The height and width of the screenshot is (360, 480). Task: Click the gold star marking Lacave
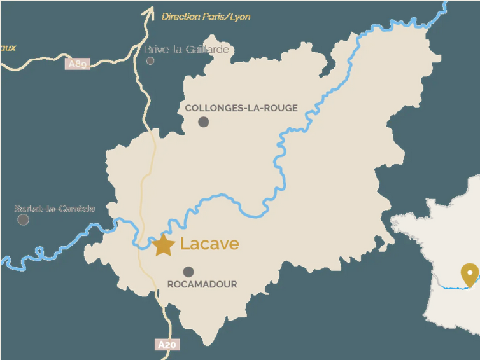[x=163, y=245]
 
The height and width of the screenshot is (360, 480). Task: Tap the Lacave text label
[x=209, y=244]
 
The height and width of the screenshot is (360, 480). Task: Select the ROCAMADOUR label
[x=202, y=284]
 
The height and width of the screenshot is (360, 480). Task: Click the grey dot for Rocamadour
[x=188, y=272]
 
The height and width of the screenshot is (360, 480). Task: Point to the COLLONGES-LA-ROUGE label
[x=241, y=108]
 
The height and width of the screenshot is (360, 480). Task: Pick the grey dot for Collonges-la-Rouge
[x=203, y=121]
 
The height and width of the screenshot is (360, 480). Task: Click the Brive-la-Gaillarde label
[x=186, y=50]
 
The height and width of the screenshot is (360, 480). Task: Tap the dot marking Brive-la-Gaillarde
[x=150, y=61]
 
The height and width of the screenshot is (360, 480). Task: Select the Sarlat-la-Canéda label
[x=54, y=208]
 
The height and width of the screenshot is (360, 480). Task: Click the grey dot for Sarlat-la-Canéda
[x=23, y=219]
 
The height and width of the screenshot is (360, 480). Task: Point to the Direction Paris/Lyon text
[x=206, y=17]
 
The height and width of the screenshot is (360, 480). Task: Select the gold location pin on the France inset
[x=469, y=275]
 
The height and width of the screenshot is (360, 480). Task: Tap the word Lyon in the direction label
[x=241, y=17]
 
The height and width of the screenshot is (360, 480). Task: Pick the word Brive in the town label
[x=156, y=50]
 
